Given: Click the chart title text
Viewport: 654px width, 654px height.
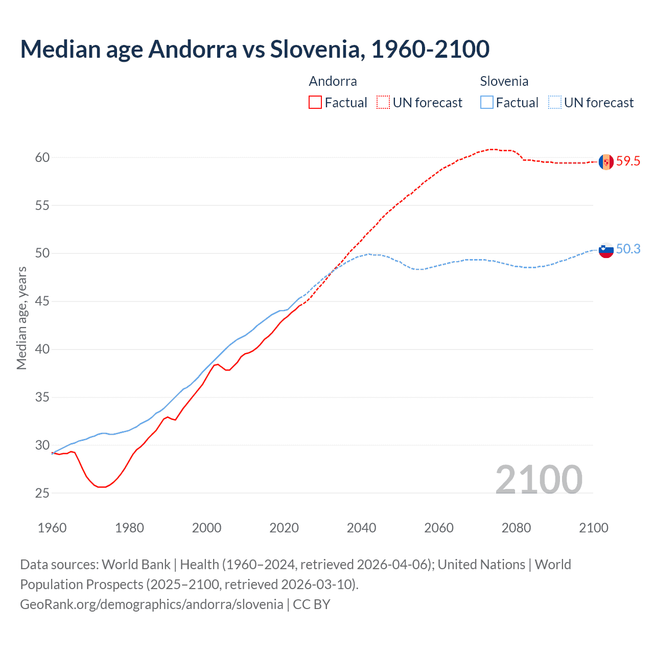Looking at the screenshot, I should pos(254,49).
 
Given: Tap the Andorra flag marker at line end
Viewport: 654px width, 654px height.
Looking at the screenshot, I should pos(606,161).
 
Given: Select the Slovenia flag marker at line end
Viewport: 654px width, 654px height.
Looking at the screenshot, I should pos(606,250).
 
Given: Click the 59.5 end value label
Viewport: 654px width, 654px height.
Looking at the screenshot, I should pos(628,161).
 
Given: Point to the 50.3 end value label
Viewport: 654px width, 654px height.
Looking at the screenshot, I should pos(628,249).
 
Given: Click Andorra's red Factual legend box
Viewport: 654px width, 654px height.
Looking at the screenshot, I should pos(315,103).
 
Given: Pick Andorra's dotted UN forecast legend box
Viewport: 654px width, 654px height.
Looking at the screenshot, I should pos(383,103).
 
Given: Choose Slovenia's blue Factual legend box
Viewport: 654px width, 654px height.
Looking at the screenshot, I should pos(487,103).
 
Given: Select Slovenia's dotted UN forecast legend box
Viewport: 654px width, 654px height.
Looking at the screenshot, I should pos(554,103).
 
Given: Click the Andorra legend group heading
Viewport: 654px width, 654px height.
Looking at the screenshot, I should pos(333,81).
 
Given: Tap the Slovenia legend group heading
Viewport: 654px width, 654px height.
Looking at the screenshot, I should pos(504,81).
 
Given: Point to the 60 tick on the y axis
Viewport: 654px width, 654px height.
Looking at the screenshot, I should pos(42,157).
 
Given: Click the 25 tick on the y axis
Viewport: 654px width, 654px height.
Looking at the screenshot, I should pos(42,493).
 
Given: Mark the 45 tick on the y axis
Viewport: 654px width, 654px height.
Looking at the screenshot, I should pos(42,301).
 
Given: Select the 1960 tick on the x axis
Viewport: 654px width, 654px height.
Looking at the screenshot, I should pos(52,528).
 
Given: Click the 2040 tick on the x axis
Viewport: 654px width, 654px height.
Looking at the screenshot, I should pos(361,528).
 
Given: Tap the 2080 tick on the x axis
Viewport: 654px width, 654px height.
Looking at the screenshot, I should pos(516,528).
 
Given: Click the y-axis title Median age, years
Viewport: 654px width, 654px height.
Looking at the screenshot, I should pos(21,318).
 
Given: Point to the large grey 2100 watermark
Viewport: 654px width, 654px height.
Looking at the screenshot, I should pos(539,479).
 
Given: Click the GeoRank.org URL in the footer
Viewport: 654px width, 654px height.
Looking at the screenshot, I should pos(151,604).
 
